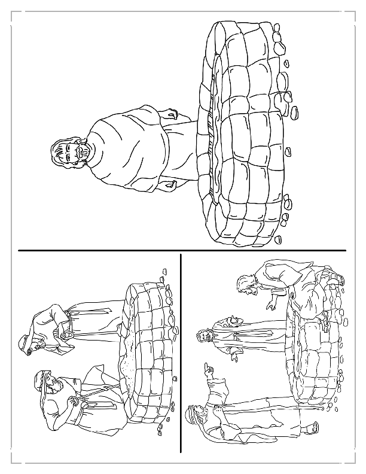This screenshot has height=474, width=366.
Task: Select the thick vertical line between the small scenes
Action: [x=181, y=353]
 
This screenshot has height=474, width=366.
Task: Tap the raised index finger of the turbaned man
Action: [x=205, y=366]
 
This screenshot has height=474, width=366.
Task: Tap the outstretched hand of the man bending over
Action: [x=270, y=307]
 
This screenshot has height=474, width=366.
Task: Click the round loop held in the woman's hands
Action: [x=67, y=336]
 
